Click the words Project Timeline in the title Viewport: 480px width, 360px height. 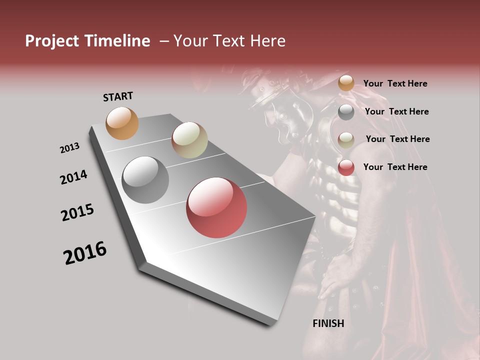[x=87, y=41]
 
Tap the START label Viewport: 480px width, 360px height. [x=118, y=96]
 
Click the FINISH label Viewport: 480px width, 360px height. [x=328, y=323]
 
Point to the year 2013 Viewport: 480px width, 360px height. [x=70, y=148]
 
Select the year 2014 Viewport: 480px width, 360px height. [x=74, y=177]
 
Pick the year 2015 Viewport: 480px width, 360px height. [x=77, y=212]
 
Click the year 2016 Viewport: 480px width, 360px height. [x=85, y=253]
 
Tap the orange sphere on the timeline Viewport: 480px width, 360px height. [x=122, y=123]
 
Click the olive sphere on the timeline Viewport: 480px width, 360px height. [x=189, y=140]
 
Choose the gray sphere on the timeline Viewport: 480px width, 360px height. [x=145, y=180]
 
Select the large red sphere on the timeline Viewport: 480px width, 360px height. [x=216, y=207]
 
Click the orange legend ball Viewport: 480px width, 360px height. [x=346, y=83]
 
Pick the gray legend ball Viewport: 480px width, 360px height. [x=346, y=112]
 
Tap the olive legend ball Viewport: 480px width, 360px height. [x=346, y=140]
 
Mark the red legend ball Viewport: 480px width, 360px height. [x=346, y=168]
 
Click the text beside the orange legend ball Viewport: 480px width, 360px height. [x=395, y=83]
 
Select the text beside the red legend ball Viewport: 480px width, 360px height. [x=395, y=167]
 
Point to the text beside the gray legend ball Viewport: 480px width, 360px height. [x=396, y=111]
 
